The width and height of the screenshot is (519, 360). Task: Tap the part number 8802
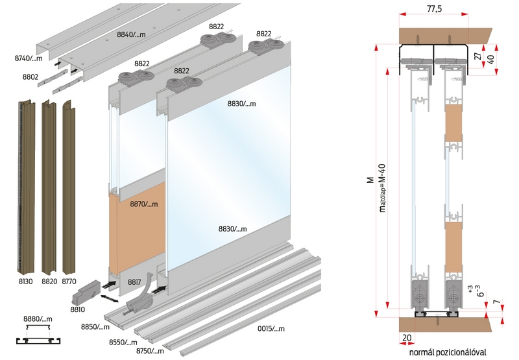click(x=30, y=77)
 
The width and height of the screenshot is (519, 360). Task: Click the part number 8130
click(x=26, y=282)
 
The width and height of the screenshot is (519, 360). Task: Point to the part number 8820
click(x=49, y=282)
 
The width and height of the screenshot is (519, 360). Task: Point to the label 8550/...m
click(x=122, y=342)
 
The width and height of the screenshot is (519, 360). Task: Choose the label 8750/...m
click(x=149, y=351)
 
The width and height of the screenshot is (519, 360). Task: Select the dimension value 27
click(x=477, y=57)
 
